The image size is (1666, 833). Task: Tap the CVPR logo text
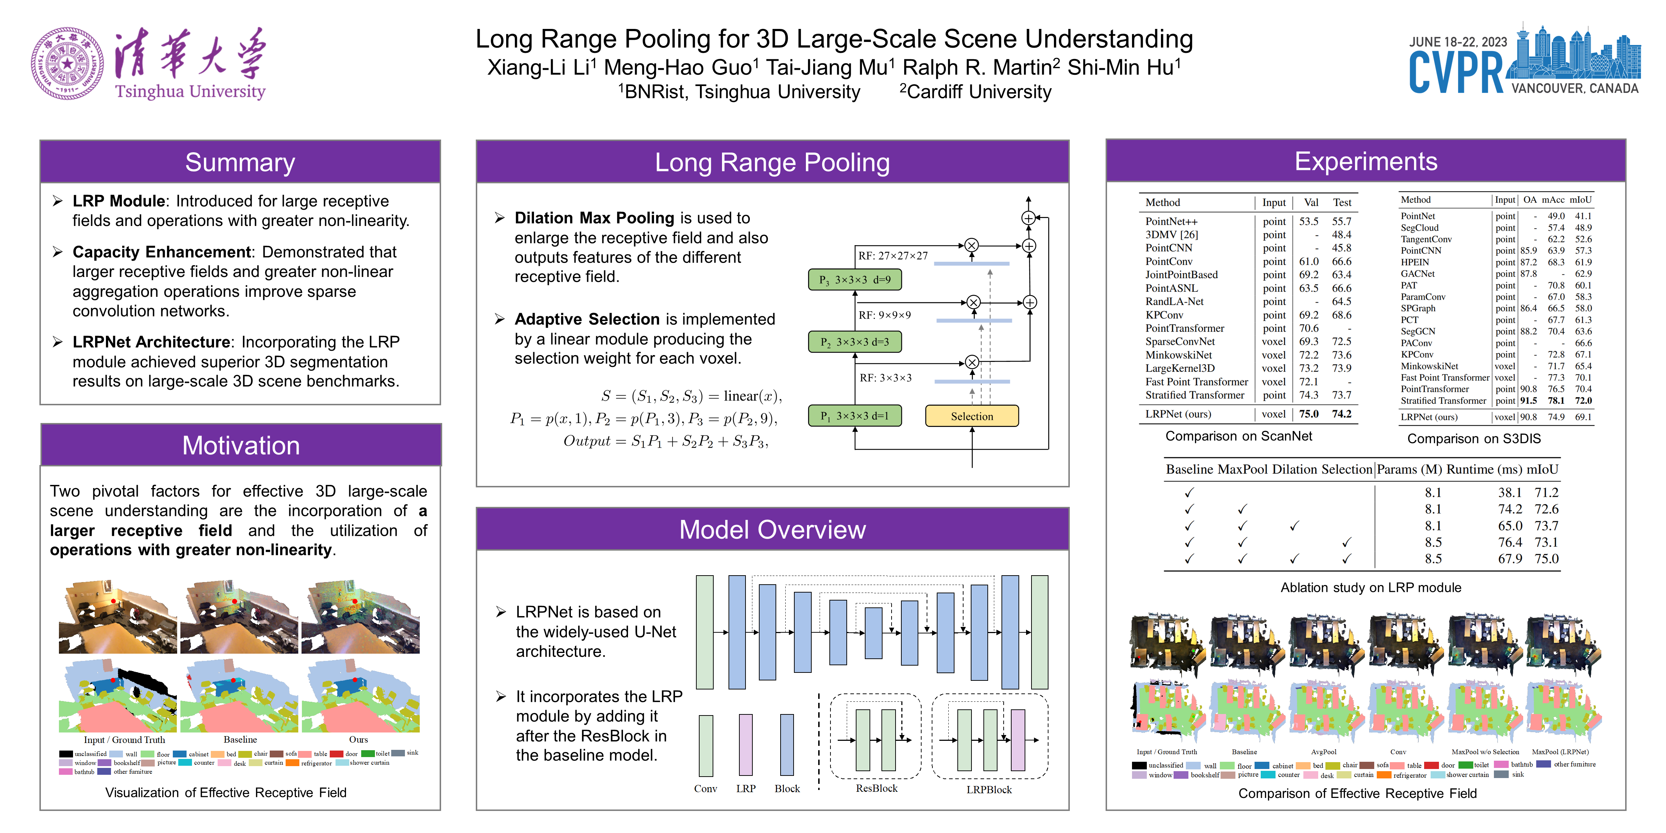[1456, 72]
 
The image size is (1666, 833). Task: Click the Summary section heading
[240, 162]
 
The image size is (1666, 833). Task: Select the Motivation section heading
[240, 445]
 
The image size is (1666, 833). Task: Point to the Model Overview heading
[772, 530]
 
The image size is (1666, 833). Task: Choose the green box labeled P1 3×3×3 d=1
[854, 416]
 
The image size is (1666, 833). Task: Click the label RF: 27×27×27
[893, 256]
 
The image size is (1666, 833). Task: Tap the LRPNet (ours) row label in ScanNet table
[1178, 414]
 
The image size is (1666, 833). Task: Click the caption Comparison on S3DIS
[1474, 439]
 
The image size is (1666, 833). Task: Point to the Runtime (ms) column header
[1484, 470]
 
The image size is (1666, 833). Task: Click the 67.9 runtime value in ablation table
[1510, 559]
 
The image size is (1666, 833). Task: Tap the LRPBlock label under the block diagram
[989, 790]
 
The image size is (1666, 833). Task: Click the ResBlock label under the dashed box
[876, 789]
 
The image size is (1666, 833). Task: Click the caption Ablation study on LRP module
[1371, 587]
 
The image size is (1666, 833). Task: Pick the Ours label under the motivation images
[358, 740]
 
